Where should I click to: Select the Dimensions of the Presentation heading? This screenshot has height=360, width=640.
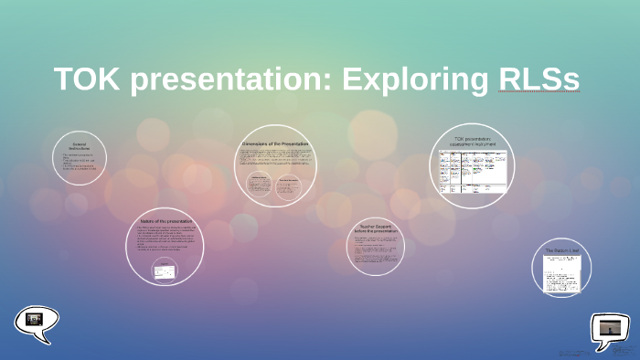(275, 144)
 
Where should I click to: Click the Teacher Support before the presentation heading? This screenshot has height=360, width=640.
(375, 228)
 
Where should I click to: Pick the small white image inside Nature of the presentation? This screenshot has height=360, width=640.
(164, 270)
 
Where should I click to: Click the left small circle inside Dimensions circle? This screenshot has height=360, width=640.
(259, 185)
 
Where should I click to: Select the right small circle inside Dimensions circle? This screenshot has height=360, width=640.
(290, 185)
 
